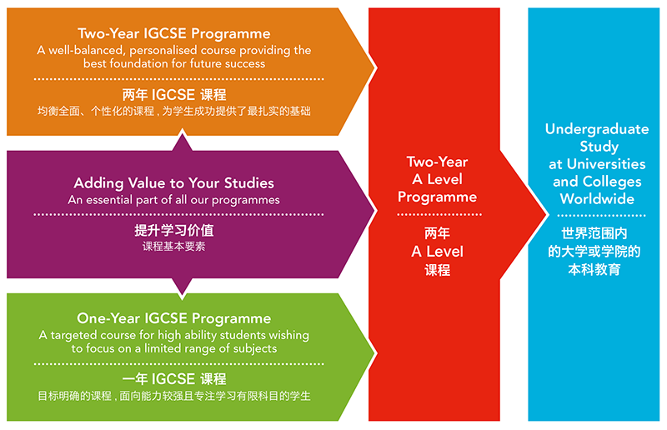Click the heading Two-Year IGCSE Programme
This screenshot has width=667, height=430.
tap(174, 33)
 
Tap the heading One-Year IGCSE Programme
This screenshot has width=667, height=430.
tap(174, 318)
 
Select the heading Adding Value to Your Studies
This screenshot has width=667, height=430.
tap(174, 182)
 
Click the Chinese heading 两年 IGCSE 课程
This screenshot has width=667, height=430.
tap(174, 94)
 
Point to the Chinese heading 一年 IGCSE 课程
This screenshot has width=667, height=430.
tap(174, 378)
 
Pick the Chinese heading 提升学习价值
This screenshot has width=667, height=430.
tap(174, 230)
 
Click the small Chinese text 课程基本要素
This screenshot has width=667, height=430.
tap(174, 247)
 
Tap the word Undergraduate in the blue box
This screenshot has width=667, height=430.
tap(597, 129)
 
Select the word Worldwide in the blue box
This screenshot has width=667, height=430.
tap(597, 198)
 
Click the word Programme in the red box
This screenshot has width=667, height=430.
tap(437, 197)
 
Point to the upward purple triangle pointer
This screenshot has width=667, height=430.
tap(182, 140)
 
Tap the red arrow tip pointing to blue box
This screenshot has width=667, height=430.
tap(546, 214)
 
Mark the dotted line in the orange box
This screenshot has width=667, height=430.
tap(178, 78)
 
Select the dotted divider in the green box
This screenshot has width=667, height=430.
tap(178, 363)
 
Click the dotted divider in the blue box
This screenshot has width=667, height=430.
tap(601, 215)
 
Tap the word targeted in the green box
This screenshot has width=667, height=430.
tap(72, 336)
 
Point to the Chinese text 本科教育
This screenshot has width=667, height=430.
tap(594, 269)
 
